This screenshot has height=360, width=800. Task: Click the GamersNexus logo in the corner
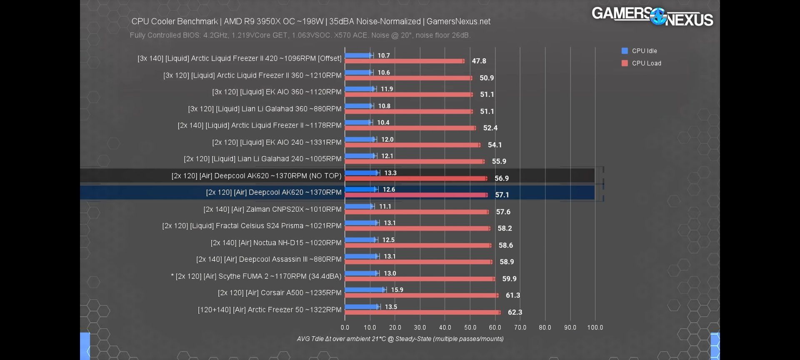[x=652, y=17]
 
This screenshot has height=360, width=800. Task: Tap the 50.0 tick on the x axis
[x=470, y=327]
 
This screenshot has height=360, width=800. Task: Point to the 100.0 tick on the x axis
[x=595, y=327]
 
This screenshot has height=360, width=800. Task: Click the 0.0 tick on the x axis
[x=345, y=327]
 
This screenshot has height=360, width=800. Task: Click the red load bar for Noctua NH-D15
[x=418, y=245]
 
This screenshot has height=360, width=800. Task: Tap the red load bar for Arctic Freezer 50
[x=422, y=312]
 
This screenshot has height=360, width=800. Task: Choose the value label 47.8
[x=479, y=61]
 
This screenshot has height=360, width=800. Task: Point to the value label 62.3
[x=515, y=312]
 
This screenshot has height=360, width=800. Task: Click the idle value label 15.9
[x=397, y=290]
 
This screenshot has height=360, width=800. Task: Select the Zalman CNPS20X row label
[x=272, y=209]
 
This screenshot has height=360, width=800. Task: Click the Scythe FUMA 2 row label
[x=256, y=276]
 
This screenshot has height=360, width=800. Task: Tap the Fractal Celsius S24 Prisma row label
[x=252, y=226]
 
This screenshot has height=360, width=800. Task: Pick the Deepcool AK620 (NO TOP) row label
[x=256, y=176]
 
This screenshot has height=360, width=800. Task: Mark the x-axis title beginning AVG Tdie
[x=400, y=339]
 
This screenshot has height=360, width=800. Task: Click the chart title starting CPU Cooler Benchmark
[x=311, y=21]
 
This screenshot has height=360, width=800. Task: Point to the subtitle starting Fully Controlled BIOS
[x=300, y=35]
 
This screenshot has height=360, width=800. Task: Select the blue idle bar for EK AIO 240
[x=360, y=139]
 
